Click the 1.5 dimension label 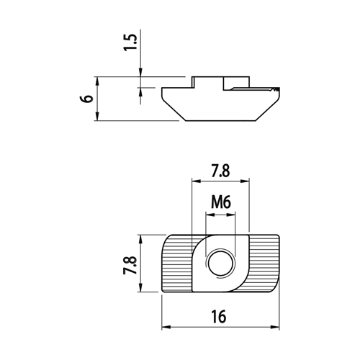[x=130, y=42]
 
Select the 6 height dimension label [x=88, y=99]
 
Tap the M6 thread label [x=221, y=202]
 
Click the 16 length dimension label [x=219, y=317]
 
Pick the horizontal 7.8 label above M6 [x=220, y=171]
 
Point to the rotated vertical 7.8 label [x=130, y=265]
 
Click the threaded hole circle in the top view [x=220, y=264]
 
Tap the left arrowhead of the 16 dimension [x=166, y=327]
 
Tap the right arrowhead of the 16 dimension [x=275, y=327]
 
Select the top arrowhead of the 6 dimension [x=97, y=81]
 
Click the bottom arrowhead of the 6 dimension [x=97, y=116]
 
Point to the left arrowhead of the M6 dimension [x=210, y=215]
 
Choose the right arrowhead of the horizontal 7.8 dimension [x=245, y=181]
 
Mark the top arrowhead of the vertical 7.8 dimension [x=140, y=240]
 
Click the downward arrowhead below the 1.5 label [x=140, y=73]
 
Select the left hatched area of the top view [x=178, y=264]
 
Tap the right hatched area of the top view [x=264, y=264]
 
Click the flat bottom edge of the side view [x=220, y=121]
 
